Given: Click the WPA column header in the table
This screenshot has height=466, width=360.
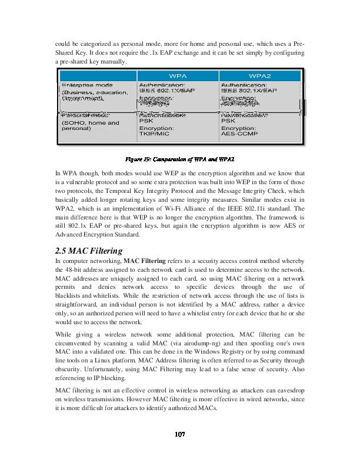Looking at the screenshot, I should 178,76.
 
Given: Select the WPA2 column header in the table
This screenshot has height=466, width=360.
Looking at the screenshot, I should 260,76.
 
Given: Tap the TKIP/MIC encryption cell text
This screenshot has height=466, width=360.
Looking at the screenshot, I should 155,134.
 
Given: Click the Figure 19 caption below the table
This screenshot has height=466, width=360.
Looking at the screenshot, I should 180,159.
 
